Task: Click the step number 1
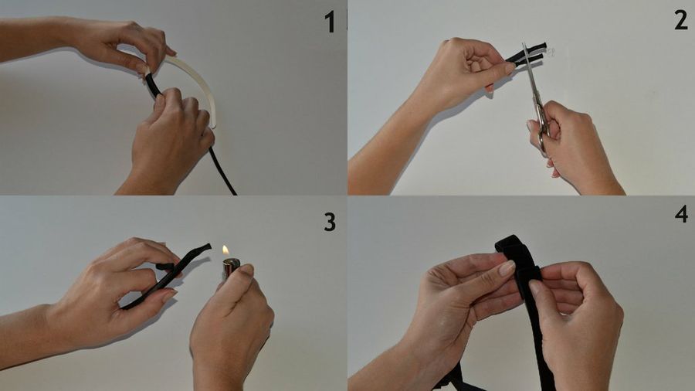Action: tap(330, 22)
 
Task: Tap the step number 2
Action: tap(681, 19)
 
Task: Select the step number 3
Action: tap(330, 222)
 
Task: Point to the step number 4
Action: tap(682, 214)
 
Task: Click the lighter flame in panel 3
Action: tap(225, 250)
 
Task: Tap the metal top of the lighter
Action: tap(230, 267)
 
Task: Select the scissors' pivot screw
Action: tap(538, 106)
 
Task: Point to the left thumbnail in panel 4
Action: tap(507, 268)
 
